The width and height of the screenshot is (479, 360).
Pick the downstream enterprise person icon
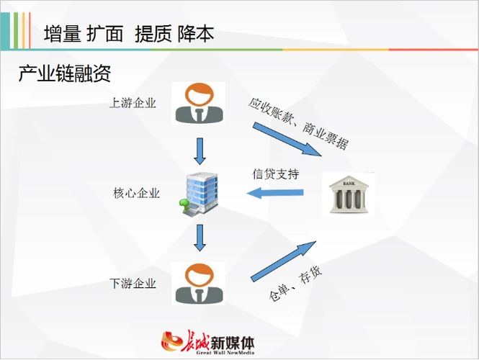point(200,283)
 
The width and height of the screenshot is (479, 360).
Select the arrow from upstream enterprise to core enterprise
point(200,150)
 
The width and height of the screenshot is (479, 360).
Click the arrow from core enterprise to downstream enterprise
point(200,238)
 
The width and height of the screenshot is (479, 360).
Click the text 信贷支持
point(275,174)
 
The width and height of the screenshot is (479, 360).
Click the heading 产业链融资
point(64,73)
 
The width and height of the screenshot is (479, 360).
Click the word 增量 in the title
point(61,34)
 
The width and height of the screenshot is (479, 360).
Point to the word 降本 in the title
point(195,34)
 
